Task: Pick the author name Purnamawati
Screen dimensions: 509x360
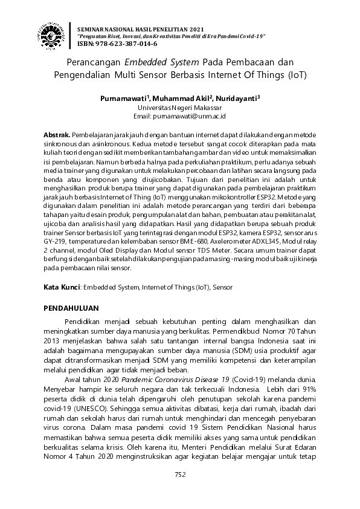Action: [x=125, y=98]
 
